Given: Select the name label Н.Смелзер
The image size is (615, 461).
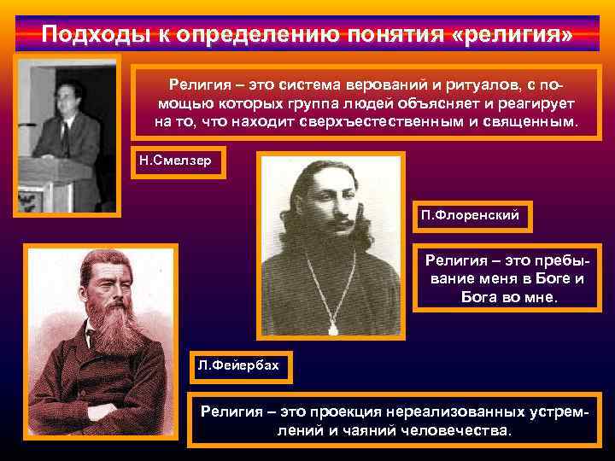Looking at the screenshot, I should (x=178, y=160).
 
